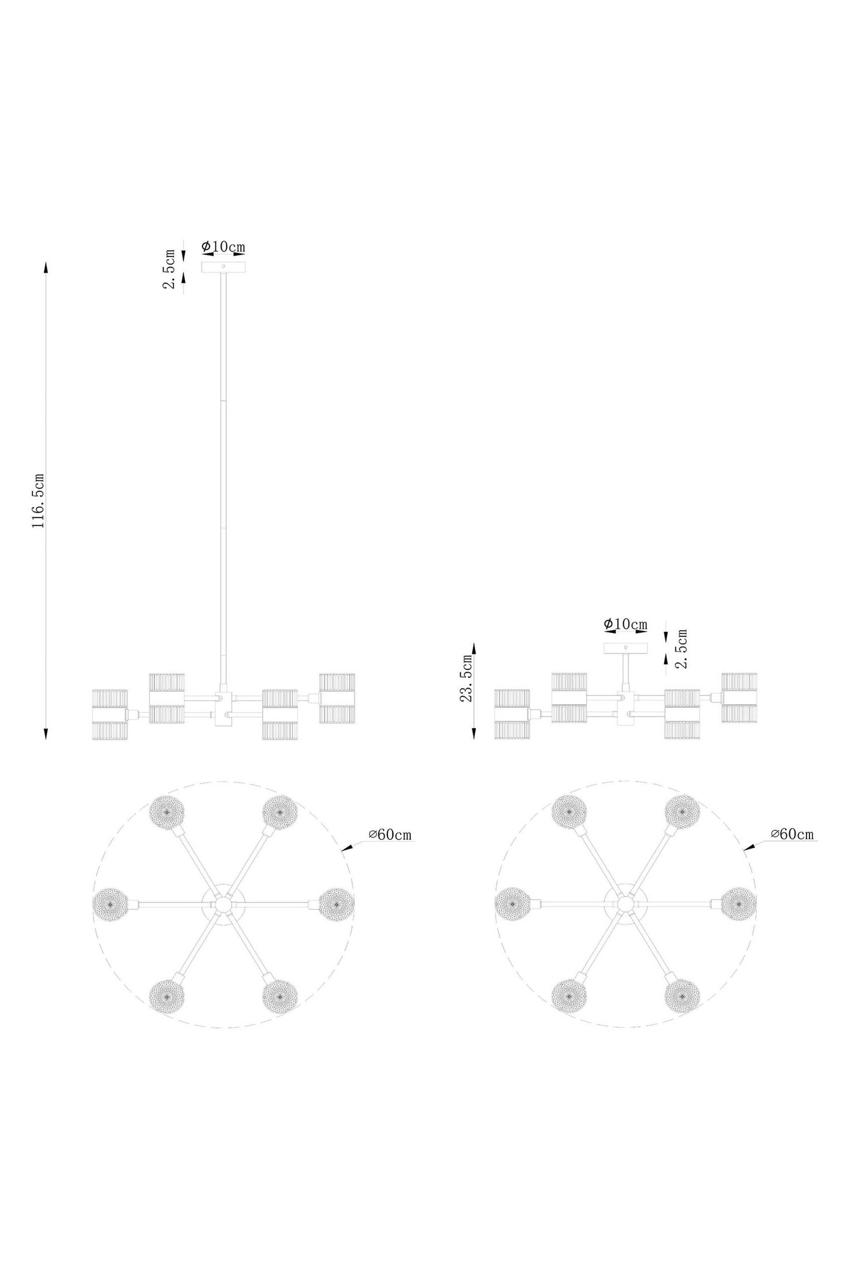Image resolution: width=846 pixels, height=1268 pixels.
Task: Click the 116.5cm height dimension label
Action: point(39,500)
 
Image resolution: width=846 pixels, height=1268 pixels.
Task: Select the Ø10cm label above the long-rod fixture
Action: point(223,247)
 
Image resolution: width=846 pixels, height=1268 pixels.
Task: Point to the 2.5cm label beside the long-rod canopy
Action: point(170,269)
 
